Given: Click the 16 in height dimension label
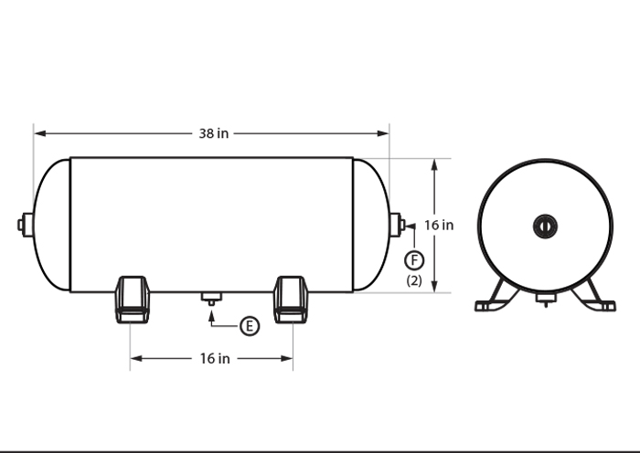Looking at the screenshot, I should click(439, 225).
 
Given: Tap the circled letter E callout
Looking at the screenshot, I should click(250, 325).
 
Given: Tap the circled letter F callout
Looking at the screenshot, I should click(414, 259).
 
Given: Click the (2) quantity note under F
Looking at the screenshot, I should click(414, 280).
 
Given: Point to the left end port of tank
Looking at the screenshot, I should click(26, 224).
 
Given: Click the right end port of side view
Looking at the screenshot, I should click(397, 224).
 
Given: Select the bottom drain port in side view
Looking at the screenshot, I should click(211, 297).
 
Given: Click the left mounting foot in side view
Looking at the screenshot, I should click(132, 300).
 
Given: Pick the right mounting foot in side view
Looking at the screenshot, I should click(291, 300).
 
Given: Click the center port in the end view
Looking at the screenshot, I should click(544, 224).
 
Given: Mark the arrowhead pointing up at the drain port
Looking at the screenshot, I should click(211, 311).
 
